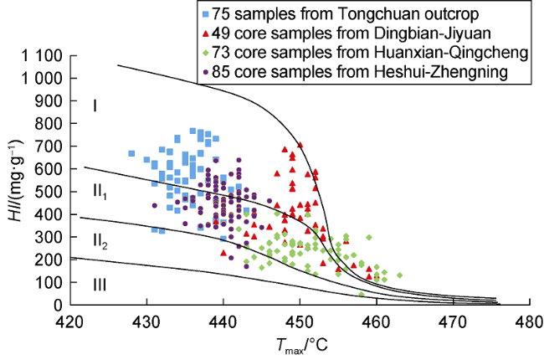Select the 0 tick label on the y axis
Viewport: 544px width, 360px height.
tap(59, 305)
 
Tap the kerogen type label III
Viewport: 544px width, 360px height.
tap(100, 285)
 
